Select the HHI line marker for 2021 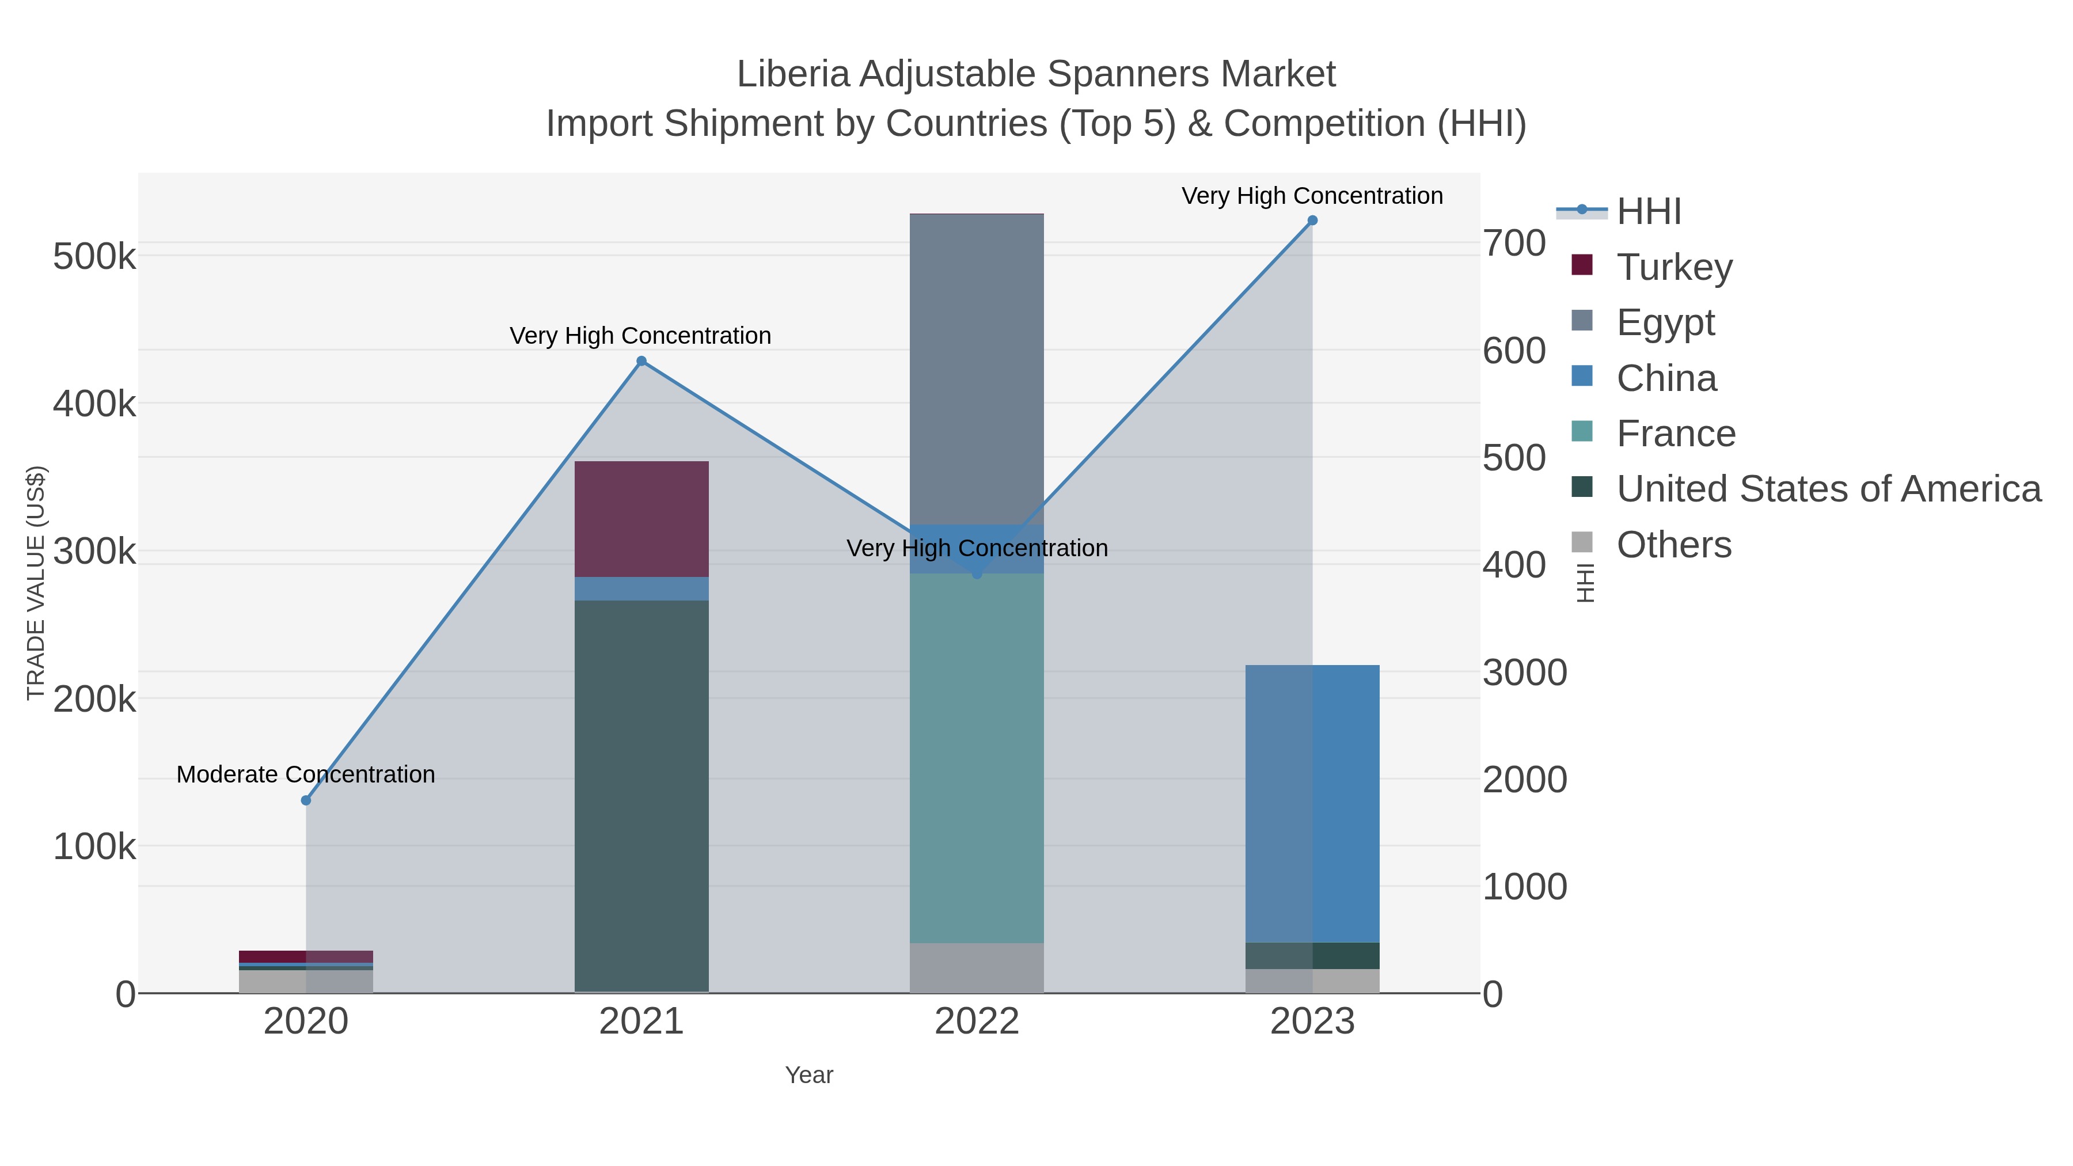click(641, 361)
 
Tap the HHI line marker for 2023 click(1312, 221)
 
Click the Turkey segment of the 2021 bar click(641, 519)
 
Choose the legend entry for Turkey click(1675, 267)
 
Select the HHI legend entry click(1648, 212)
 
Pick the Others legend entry click(1674, 545)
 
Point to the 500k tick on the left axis click(94, 257)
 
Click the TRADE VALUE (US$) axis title click(36, 583)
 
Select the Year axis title click(809, 1075)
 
